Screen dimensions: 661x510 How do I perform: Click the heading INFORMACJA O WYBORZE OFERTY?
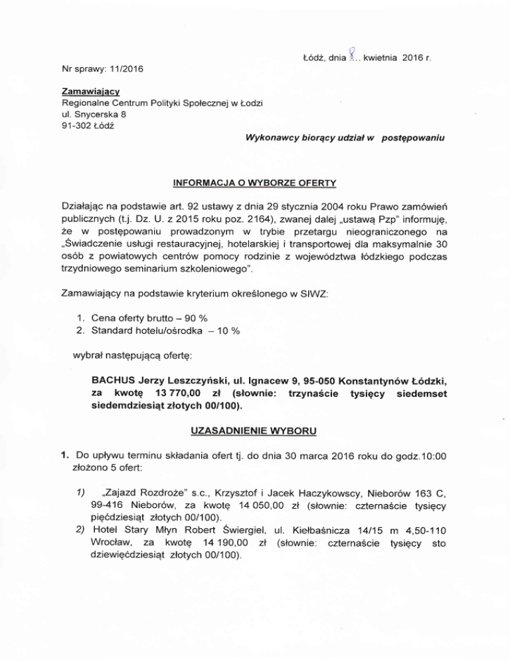pyautogui.click(x=255, y=182)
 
